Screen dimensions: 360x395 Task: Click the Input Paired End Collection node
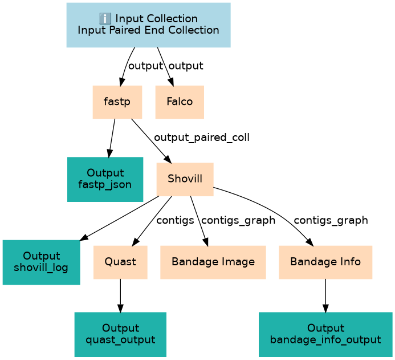point(148,25)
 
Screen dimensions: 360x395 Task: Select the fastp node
point(116,102)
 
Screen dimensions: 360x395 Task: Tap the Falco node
point(180,102)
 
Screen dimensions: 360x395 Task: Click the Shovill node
point(185,179)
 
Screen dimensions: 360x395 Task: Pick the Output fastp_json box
point(105,179)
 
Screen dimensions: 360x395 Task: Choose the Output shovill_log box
point(41,262)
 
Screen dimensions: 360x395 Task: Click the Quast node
point(120,262)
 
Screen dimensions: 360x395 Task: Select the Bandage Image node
point(213,262)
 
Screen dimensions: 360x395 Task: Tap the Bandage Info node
point(325,262)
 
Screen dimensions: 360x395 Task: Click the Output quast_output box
point(120,334)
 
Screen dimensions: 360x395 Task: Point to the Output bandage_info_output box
point(325,334)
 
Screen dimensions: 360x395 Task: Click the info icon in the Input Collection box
point(104,19)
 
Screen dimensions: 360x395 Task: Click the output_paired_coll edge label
point(201,137)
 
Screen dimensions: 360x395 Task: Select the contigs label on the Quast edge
point(175,220)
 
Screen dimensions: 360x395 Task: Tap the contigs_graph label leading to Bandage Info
point(331,220)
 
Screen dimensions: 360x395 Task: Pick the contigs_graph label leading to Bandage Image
point(238,220)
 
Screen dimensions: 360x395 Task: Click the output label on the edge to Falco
point(186,66)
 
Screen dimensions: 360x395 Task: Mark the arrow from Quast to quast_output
point(120,296)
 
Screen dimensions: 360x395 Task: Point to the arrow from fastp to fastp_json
point(112,137)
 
